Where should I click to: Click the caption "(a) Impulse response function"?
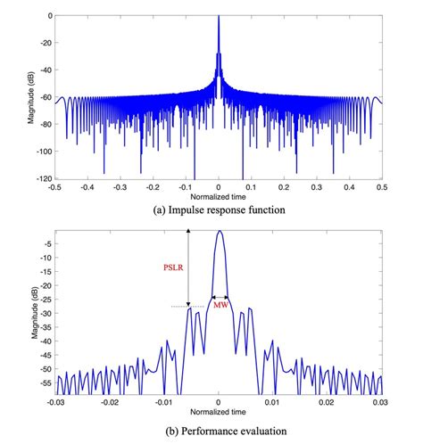pyautogui.click(x=219, y=210)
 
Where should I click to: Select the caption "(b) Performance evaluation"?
pyautogui.click(x=219, y=430)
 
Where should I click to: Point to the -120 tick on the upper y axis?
pyautogui.click(x=42, y=178)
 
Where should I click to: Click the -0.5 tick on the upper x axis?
pyautogui.click(x=55, y=188)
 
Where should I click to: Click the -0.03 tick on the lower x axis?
pyautogui.click(x=55, y=403)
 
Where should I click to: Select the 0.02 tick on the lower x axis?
pyautogui.click(x=328, y=403)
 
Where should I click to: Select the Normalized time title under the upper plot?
pyautogui.click(x=219, y=198)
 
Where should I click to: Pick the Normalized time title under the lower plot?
pyautogui.click(x=219, y=414)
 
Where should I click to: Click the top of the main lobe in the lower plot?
pyautogui.click(x=220, y=231)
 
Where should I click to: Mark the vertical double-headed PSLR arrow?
pyautogui.click(x=188, y=267)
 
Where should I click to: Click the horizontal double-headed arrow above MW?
pyautogui.click(x=220, y=297)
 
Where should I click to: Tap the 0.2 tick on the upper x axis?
pyautogui.click(x=285, y=188)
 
